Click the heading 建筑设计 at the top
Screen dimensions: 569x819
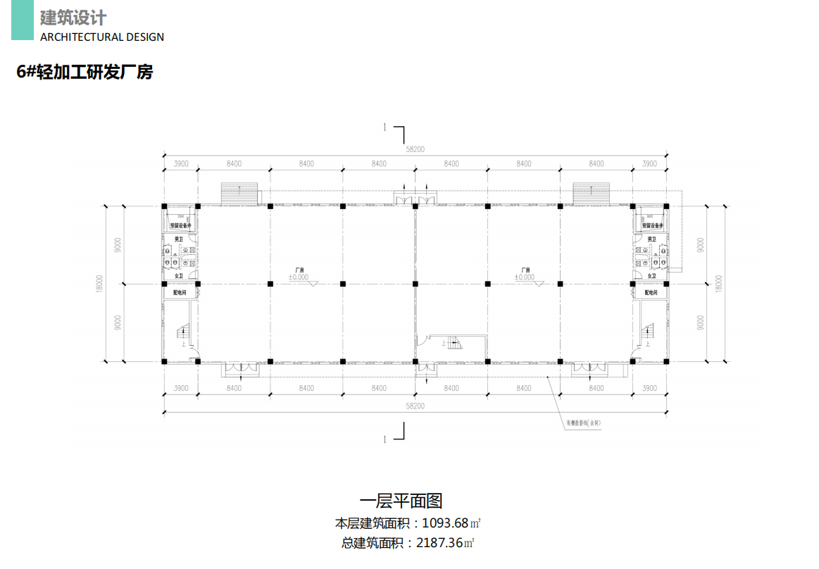click(73, 17)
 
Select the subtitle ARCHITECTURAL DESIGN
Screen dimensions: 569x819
click(102, 37)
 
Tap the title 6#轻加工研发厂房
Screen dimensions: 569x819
click(85, 72)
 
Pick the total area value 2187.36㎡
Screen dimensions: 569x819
click(445, 543)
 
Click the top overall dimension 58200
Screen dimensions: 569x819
click(415, 149)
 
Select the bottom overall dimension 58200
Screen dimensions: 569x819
click(415, 406)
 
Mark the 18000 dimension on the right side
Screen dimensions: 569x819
click(718, 283)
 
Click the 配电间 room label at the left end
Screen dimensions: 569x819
click(180, 292)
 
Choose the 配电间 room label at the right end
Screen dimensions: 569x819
click(650, 292)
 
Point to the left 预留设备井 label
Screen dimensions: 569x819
click(181, 226)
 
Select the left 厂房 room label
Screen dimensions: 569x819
click(299, 270)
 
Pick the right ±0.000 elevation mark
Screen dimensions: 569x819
click(525, 277)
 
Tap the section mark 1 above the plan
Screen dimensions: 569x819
click(385, 127)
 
